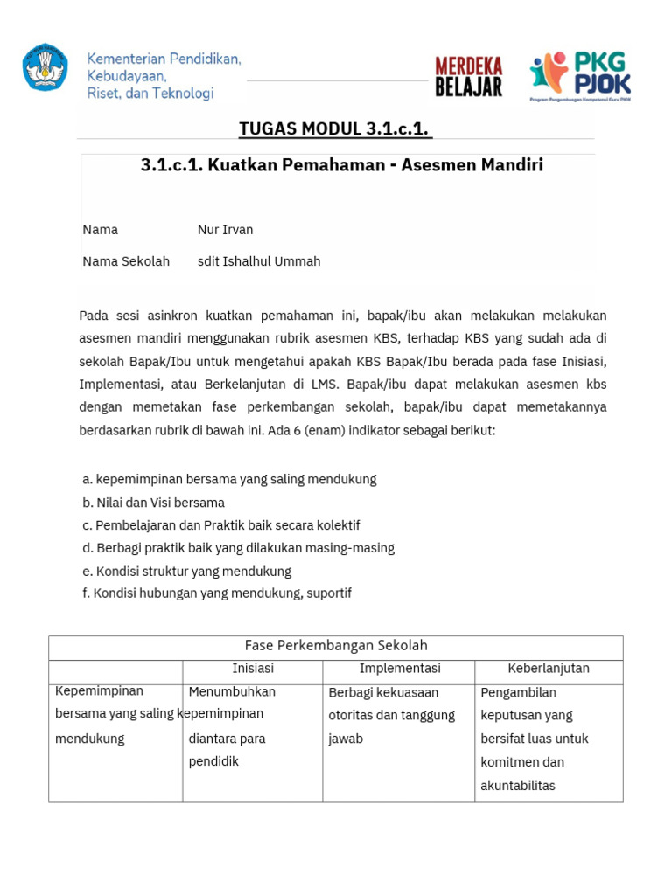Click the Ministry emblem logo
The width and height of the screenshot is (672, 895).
click(x=45, y=67)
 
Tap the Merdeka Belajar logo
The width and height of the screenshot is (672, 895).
click(x=469, y=75)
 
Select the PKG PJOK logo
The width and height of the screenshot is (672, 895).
click(x=580, y=75)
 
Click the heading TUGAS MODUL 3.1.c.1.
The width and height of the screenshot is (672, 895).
click(x=335, y=129)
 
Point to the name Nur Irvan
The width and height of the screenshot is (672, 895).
click(x=225, y=230)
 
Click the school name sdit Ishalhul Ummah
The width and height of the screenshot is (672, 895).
click(x=259, y=261)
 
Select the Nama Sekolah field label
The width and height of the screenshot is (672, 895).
click(x=126, y=261)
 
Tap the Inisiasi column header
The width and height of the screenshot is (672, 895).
click(x=253, y=669)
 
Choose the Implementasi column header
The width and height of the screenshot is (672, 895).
click(x=400, y=669)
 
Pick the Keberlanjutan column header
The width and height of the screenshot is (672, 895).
click(x=549, y=669)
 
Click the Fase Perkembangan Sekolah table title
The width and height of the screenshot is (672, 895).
click(x=336, y=646)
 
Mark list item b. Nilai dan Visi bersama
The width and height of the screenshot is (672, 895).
click(x=153, y=503)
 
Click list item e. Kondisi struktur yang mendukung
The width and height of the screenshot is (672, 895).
click(x=186, y=571)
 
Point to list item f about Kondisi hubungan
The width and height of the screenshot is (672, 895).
click(x=216, y=593)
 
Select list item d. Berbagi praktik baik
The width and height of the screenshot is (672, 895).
click(x=238, y=548)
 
